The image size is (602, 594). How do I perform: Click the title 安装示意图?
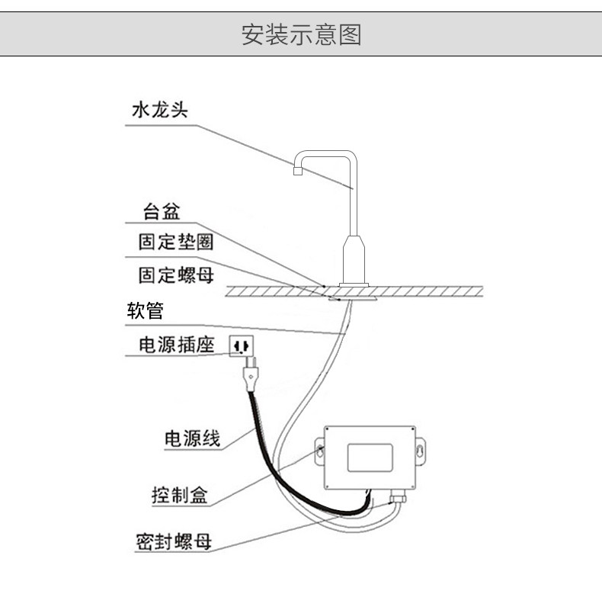coord(302,34)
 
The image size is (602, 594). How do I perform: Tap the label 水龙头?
coord(160,110)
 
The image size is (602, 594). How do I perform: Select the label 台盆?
coord(162,211)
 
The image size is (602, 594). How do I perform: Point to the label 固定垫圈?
coord(176,242)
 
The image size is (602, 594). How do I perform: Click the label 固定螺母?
coord(176,275)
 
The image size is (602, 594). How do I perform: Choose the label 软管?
coord(145,310)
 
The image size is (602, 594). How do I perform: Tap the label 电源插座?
coord(176,345)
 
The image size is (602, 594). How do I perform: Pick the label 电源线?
coord(192,438)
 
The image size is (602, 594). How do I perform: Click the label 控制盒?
coord(180,495)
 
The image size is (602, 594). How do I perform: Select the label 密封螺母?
coord(174,541)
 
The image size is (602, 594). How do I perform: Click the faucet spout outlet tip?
coord(298,171)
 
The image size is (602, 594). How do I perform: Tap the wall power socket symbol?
coord(241,346)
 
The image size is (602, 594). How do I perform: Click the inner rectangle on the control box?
coord(370,458)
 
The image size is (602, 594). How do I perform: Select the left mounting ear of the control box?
coord(319,451)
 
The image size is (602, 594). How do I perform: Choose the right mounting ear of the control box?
coord(421,451)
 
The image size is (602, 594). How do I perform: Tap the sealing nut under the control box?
coord(398,498)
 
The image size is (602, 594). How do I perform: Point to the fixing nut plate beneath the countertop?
coord(353,299)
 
